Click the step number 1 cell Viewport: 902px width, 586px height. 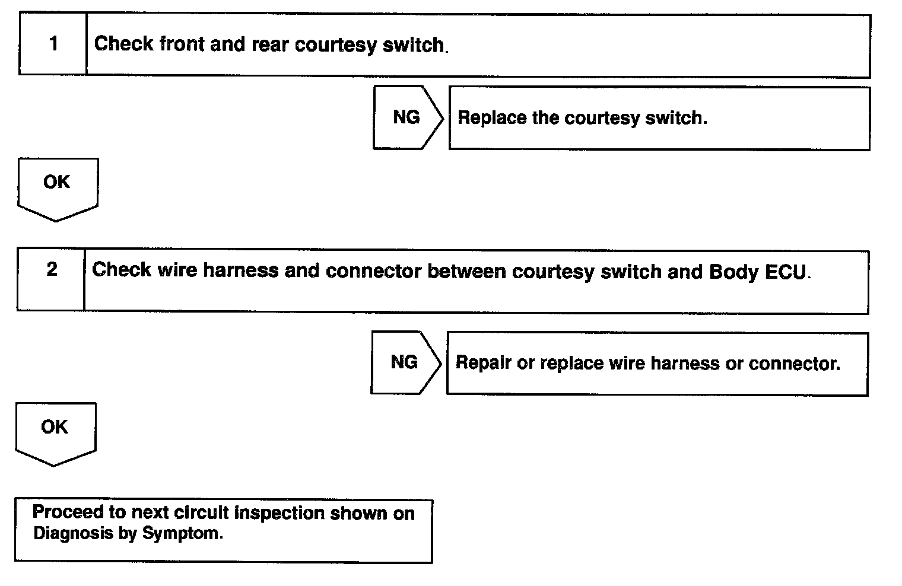pos(53,44)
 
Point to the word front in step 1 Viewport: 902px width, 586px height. pos(182,44)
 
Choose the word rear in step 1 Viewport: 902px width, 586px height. pos(271,45)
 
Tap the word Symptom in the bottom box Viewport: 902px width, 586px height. pos(182,533)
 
